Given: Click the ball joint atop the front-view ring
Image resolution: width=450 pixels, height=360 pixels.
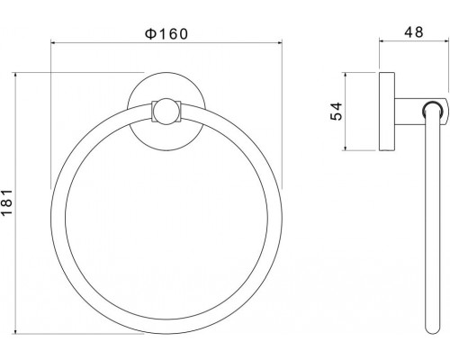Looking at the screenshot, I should tap(166, 112).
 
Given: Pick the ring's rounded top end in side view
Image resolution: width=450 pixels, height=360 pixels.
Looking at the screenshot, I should tap(433, 111).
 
